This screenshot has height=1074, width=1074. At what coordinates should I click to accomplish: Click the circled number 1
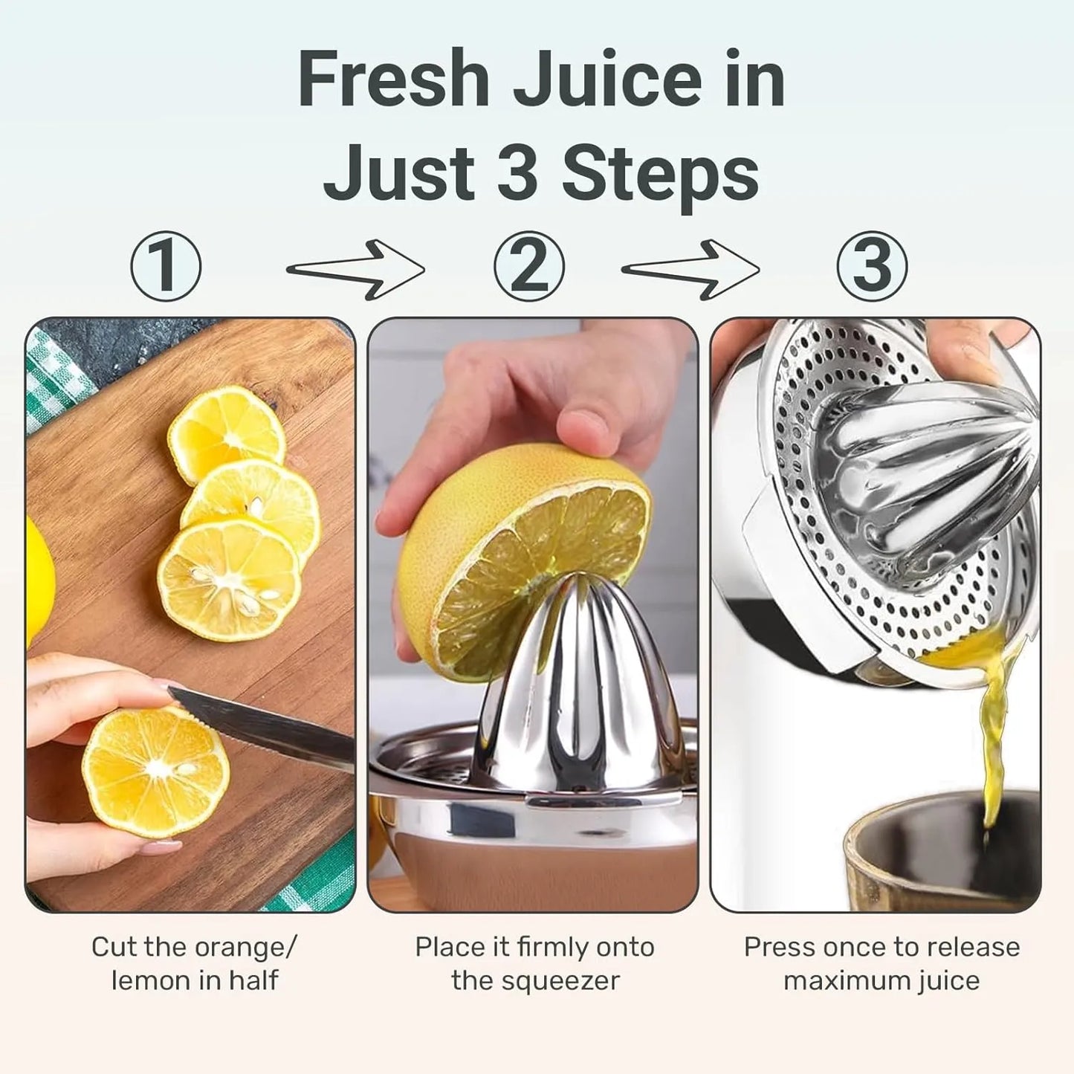166,266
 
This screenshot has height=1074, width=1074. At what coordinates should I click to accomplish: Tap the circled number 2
529,266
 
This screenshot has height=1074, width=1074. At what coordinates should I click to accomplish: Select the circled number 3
873,266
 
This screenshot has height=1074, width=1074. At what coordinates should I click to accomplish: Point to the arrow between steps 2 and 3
690,270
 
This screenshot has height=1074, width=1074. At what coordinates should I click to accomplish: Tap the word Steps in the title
661,174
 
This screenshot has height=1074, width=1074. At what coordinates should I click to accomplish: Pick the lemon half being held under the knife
155,772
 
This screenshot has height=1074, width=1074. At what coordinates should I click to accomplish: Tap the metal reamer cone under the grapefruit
580,685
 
